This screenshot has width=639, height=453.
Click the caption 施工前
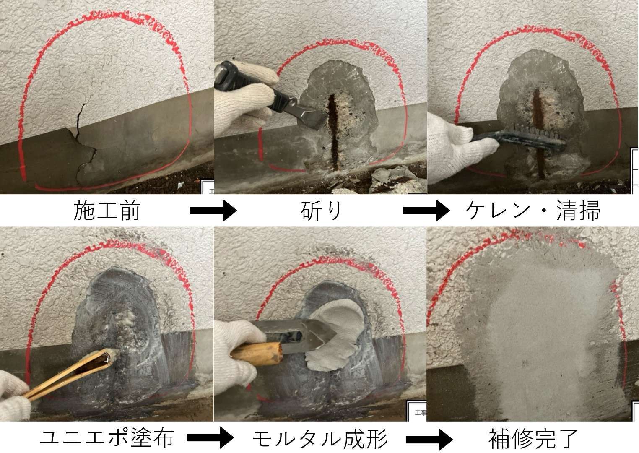(106, 211)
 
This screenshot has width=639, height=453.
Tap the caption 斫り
(321, 211)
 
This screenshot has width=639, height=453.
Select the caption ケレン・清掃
(532, 211)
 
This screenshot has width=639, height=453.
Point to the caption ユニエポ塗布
(106, 437)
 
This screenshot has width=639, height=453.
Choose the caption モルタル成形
(320, 437)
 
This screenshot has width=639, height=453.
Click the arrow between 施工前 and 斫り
(213, 211)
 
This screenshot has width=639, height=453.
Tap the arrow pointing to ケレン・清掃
(426, 211)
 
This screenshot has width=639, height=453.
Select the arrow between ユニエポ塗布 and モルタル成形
(210, 437)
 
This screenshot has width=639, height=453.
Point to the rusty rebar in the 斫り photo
(333, 131)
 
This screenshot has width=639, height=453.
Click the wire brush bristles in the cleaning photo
(546, 134)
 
